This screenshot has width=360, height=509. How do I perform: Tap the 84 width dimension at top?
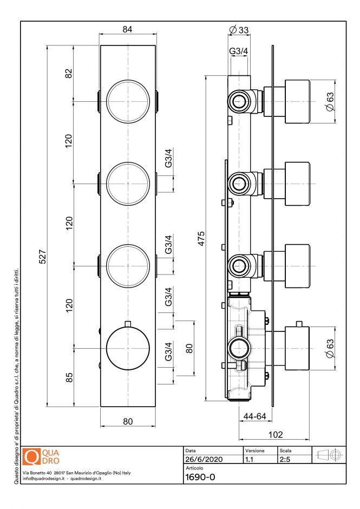click(x=128, y=30)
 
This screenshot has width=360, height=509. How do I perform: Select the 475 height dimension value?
click(x=201, y=238)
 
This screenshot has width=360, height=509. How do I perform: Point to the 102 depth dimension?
click(x=276, y=434)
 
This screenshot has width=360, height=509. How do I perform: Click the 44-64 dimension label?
click(x=255, y=416)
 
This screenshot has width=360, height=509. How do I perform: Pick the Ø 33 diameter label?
click(x=239, y=30)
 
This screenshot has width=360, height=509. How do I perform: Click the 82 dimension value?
click(x=69, y=74)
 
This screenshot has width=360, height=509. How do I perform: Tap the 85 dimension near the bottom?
click(x=69, y=377)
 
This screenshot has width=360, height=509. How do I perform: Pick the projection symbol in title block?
click(x=330, y=455)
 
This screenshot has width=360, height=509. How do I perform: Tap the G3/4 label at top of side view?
click(x=239, y=51)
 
